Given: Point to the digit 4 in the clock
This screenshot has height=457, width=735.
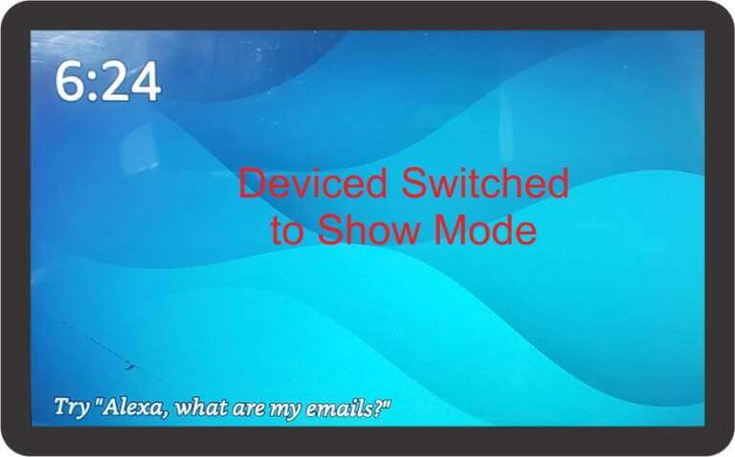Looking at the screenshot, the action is pos(145,82).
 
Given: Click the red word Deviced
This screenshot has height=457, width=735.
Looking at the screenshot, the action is pos(313,183).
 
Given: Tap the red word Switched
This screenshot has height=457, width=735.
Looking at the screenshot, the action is pos(485,183).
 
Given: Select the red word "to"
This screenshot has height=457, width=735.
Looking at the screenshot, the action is pos(287,230).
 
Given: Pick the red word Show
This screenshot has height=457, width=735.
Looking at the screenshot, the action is pos(367,229).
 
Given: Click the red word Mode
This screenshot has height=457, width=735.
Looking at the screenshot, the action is pos(485,229).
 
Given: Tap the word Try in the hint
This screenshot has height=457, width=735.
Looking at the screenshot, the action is pos(71,407).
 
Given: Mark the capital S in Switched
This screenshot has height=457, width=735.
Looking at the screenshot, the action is pos(415,183).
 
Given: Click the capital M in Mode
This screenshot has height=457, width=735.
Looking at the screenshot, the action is pos(451,229).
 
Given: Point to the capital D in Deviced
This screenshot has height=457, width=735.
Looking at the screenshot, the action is pos(254,183).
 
